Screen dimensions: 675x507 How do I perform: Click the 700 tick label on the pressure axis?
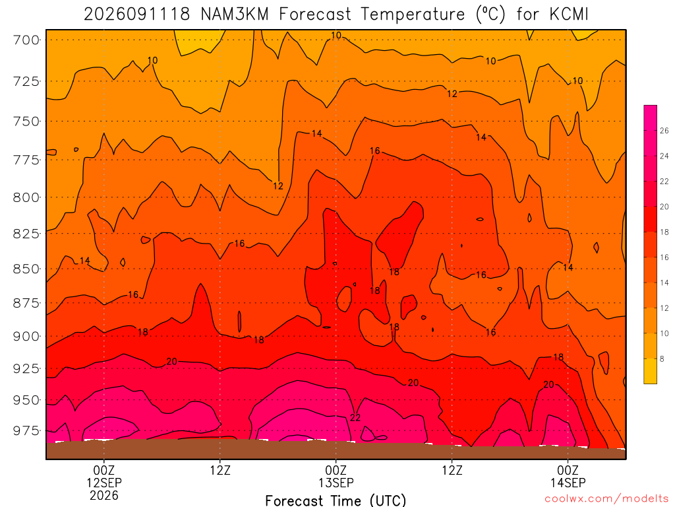pos(26,40)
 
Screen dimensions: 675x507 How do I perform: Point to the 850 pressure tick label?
pos(26,269)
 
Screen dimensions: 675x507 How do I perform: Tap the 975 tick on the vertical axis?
pos(26,430)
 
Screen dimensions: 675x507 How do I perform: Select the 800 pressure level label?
pos(26,197)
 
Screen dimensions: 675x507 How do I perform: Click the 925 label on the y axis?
pos(26,368)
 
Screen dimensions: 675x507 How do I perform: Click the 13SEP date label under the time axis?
pos(336,483)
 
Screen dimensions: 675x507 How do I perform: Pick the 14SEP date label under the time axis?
pos(568,483)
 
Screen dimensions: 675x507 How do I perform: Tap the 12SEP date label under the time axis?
pos(104,483)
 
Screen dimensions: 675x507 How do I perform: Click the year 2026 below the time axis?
pos(104,495)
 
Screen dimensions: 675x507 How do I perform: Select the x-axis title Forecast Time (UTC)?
pos(336,500)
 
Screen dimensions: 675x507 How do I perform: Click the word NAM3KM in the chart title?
pos(235,15)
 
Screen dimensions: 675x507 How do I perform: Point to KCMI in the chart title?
pos(569,15)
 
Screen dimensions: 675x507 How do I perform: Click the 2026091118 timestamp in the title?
pos(137,15)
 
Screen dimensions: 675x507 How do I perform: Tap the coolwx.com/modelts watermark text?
pos(606,499)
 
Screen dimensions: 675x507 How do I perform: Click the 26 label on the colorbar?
pos(664,131)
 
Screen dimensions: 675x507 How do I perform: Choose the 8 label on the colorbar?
pos(662,358)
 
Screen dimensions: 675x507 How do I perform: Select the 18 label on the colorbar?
pos(664,232)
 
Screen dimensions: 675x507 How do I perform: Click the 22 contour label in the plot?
pos(355,417)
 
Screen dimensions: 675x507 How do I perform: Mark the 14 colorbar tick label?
pos(664,283)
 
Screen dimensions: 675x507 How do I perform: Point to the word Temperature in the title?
pos(413,15)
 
